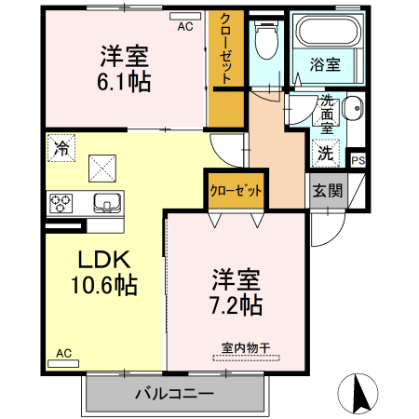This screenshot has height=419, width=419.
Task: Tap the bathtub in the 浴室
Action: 329,31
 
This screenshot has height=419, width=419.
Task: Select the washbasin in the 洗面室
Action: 353,108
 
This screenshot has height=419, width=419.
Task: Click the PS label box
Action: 358,161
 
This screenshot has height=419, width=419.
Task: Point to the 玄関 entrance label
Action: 328,191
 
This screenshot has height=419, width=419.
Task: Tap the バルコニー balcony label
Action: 174,394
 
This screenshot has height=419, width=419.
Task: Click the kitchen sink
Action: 107,203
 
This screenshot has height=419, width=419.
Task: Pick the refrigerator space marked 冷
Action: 61,148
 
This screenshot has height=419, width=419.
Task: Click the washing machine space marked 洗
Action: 326,153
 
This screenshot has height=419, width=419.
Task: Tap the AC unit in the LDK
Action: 63,363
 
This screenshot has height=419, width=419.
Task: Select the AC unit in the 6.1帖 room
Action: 185,16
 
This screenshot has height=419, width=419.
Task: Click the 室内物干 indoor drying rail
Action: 246,358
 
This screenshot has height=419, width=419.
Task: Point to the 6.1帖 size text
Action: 124,82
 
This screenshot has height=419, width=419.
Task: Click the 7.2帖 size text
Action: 237,305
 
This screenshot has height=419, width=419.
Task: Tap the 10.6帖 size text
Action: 104,285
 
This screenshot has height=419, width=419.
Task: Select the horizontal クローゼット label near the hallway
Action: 236,191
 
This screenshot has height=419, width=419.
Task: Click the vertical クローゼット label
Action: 225,48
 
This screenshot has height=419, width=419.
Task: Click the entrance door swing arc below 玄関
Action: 335,236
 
